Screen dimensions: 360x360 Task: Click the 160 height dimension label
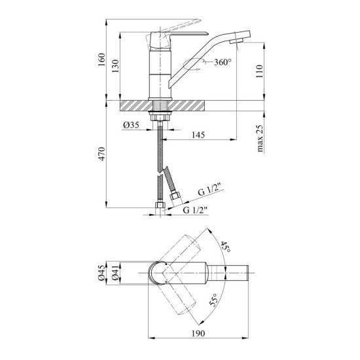[101, 60]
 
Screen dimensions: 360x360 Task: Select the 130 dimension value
[116, 66]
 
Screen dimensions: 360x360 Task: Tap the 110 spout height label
[259, 71]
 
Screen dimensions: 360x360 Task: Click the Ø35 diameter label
[131, 125]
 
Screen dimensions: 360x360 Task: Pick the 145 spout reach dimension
[198, 135]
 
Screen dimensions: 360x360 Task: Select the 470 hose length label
[101, 154]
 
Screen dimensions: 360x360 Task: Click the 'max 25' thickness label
[259, 139]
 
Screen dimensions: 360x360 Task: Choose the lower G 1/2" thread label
[195, 210]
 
